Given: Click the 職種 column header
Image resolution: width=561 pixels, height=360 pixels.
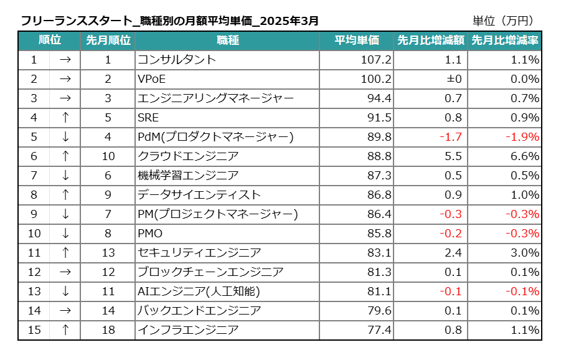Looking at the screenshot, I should click(x=227, y=40).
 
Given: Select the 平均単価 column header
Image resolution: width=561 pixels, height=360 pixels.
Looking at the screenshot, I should click(x=357, y=40).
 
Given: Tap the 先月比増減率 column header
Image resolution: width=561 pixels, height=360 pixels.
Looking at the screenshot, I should click(x=505, y=40).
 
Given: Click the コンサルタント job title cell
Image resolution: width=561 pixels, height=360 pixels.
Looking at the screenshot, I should click(x=177, y=60).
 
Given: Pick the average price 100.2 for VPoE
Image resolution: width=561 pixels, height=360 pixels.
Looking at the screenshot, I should click(x=376, y=79).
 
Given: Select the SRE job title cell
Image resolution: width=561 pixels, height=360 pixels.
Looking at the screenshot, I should click(x=148, y=118).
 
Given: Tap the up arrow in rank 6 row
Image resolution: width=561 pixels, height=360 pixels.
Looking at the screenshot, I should click(x=65, y=156).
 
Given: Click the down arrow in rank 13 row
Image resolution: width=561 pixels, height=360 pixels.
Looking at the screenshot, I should click(x=65, y=291).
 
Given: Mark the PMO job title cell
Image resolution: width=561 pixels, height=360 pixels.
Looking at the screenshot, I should click(x=150, y=234).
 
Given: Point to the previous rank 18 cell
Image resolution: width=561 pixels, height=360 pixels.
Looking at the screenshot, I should click(x=108, y=330).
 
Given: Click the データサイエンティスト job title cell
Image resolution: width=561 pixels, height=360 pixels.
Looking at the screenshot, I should click(x=199, y=195).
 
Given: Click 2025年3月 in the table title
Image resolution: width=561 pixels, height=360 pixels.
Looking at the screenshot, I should click(x=289, y=21).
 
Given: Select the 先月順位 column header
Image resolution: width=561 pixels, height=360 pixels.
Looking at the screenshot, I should click(x=108, y=40).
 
